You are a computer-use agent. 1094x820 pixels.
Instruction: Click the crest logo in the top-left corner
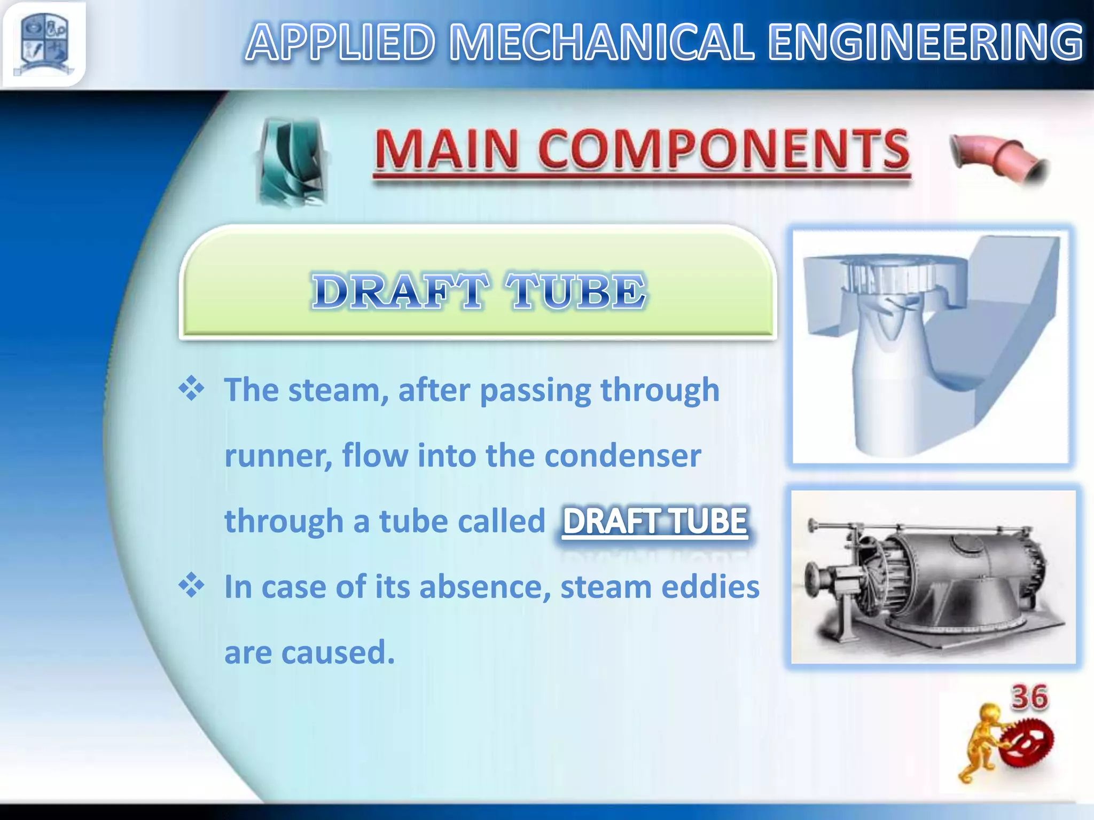pyautogui.click(x=44, y=44)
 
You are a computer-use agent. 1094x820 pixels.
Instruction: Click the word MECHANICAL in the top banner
pyautogui.click(x=601, y=43)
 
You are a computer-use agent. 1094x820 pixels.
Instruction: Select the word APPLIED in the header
pyautogui.click(x=341, y=43)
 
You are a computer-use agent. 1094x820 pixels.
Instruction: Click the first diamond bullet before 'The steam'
pyautogui.click(x=191, y=389)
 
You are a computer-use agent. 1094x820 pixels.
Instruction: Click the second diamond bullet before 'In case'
pyautogui.click(x=191, y=586)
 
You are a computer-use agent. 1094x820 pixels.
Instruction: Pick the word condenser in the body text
pyautogui.click(x=622, y=456)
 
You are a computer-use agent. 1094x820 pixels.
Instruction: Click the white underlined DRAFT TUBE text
pyautogui.click(x=655, y=521)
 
